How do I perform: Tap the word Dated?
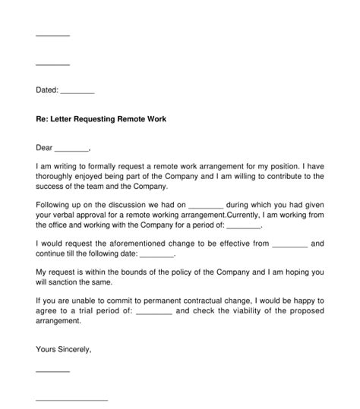tap(47, 90)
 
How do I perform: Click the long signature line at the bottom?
tap(72, 399)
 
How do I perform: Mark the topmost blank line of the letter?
tap(53, 36)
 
